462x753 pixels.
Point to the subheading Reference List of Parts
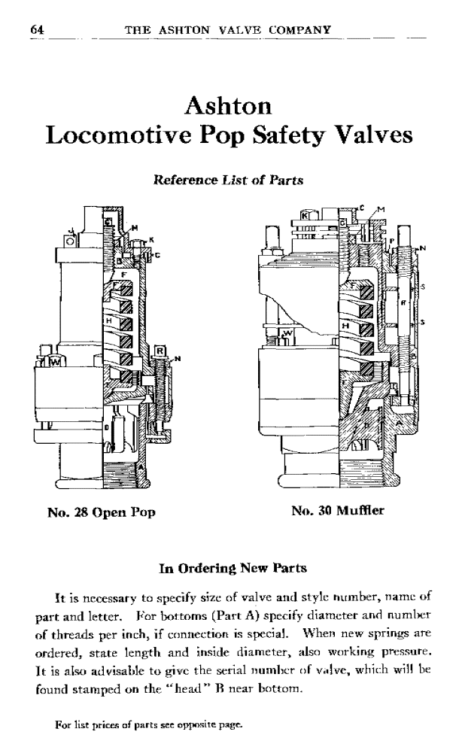pos(228,181)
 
